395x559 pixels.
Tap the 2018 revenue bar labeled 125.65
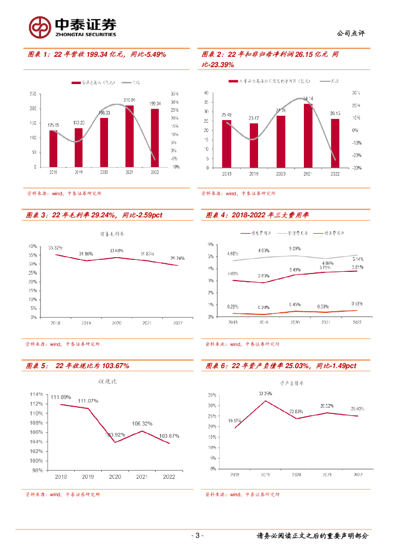(53, 148)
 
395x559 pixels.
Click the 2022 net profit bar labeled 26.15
(335, 143)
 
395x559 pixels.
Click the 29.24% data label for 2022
(178, 258)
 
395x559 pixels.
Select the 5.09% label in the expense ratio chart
(295, 249)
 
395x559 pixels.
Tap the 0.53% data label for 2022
(357, 304)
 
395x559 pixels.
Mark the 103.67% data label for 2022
(169, 435)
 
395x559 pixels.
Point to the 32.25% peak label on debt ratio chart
(265, 393)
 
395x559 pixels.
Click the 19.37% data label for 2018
(235, 421)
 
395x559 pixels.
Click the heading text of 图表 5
(77, 366)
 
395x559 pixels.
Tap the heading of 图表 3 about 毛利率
(94, 215)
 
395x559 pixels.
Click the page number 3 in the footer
(197, 536)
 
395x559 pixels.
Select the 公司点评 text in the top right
(351, 33)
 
